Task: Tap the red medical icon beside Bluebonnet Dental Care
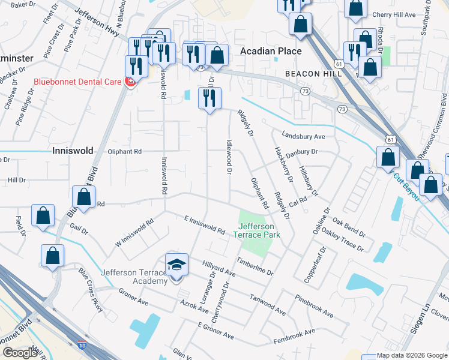(129, 82)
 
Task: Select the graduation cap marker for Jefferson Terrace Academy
(176, 265)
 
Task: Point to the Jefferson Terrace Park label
(256, 230)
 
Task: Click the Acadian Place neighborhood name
(271, 51)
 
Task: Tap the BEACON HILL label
(313, 73)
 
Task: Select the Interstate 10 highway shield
(81, 344)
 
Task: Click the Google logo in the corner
(20, 352)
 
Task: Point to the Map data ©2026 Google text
(412, 355)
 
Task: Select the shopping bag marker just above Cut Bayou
(388, 157)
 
